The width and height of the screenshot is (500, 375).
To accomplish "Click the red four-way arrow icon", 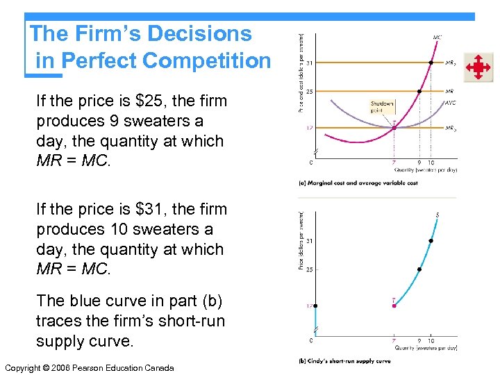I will [x=478, y=68].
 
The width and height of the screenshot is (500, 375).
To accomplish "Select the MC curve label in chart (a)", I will [x=437, y=37].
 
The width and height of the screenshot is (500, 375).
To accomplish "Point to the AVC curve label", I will [x=451, y=103].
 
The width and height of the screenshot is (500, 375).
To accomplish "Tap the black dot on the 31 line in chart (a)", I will [x=431, y=62].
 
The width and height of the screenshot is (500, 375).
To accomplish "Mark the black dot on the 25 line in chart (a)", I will [x=419, y=91].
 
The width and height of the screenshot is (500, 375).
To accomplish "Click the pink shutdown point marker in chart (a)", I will [x=394, y=128].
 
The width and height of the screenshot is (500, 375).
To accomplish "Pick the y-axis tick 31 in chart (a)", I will [x=308, y=62].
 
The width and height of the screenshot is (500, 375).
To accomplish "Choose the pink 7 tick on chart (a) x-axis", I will [x=394, y=163].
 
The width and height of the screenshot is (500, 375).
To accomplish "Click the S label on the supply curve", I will [x=437, y=215].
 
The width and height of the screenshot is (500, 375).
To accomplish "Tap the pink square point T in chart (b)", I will [x=394, y=305].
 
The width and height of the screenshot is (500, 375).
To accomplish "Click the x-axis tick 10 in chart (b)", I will [x=431, y=341].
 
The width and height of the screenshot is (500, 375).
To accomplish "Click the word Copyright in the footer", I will [x=26, y=367].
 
